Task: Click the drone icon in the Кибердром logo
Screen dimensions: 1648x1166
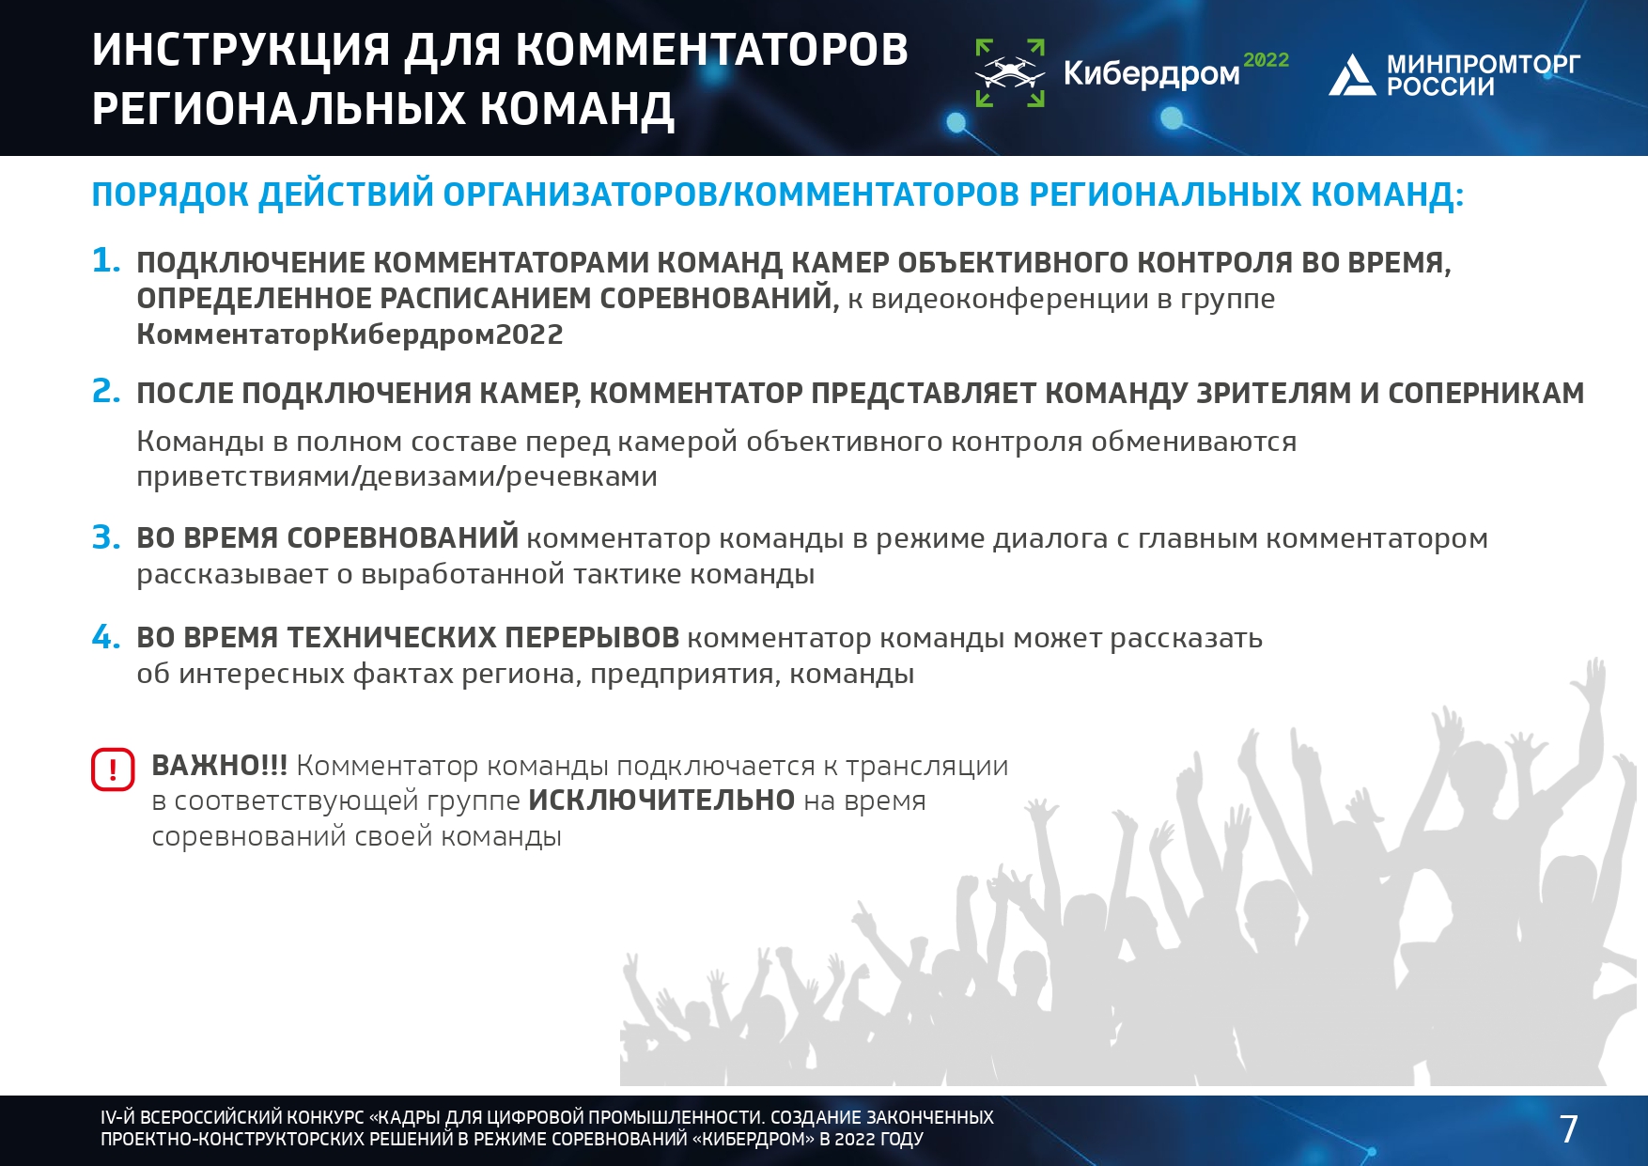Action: (x=1010, y=73)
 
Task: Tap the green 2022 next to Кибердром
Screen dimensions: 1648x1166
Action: (x=1266, y=60)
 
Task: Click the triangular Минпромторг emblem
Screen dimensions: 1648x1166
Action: (x=1352, y=75)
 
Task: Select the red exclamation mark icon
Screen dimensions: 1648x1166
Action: (x=113, y=770)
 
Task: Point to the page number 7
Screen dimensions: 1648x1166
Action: (x=1568, y=1128)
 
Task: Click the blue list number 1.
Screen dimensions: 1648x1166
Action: (x=106, y=260)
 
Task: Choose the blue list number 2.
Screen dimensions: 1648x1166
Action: (x=106, y=391)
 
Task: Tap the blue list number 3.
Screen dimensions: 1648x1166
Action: (x=106, y=537)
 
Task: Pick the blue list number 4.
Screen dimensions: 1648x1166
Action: (x=106, y=637)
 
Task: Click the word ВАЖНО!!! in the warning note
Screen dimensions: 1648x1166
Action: (x=220, y=766)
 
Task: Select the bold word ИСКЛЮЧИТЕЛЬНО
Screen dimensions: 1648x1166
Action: (x=661, y=801)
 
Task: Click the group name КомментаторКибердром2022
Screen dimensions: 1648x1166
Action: (x=350, y=334)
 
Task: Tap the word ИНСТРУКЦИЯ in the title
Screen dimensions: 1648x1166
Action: (x=241, y=50)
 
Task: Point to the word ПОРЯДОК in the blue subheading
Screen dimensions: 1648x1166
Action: (x=170, y=194)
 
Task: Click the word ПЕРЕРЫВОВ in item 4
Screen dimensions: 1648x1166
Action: (x=592, y=638)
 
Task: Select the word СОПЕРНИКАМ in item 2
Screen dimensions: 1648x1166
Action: (x=1485, y=393)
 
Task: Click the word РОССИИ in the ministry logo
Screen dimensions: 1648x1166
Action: (x=1440, y=87)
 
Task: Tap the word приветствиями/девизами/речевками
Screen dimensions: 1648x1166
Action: (x=396, y=477)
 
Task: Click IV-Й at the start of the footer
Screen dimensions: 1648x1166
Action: (x=118, y=1117)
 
